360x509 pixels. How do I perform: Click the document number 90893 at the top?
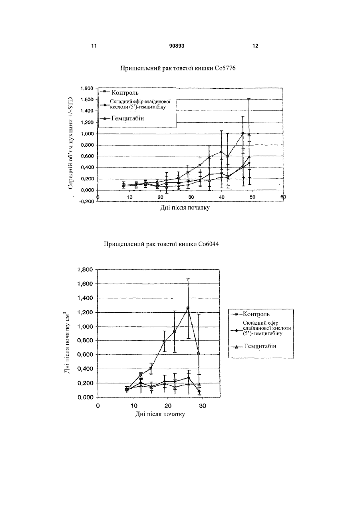click(177, 46)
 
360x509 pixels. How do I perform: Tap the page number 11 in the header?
click(94, 46)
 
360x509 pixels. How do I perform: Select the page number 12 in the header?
click(255, 46)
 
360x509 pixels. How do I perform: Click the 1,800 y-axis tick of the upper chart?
click(87, 88)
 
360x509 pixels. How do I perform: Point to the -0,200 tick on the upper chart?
click(86, 202)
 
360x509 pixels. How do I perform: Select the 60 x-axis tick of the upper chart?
click(283, 197)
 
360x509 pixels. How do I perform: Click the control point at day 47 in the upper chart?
click(243, 133)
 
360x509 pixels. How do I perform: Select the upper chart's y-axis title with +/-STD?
click(70, 143)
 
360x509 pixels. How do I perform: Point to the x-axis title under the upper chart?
click(185, 208)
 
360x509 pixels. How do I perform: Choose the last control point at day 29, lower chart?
click(199, 353)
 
